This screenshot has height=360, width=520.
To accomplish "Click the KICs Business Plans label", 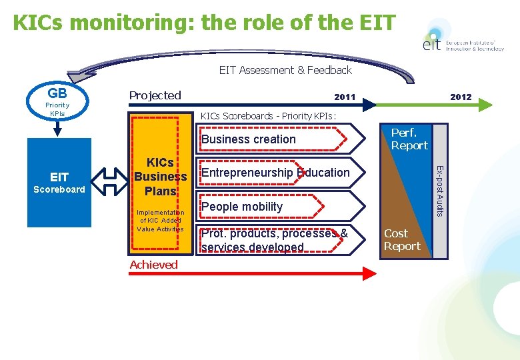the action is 160,177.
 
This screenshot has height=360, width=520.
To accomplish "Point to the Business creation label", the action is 248,139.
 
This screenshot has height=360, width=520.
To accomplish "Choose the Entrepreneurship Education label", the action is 275,173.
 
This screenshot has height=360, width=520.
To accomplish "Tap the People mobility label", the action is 242,207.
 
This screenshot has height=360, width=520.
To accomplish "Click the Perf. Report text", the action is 409,139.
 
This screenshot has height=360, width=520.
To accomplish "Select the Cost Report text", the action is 402,239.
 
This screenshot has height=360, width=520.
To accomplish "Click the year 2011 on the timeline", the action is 345,97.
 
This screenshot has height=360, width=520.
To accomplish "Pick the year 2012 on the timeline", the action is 461,97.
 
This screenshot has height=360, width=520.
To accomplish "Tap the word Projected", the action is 155,95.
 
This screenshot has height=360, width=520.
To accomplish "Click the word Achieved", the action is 153,265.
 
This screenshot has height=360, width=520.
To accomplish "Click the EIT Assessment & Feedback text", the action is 285,70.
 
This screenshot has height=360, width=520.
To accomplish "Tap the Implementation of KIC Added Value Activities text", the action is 160,221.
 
